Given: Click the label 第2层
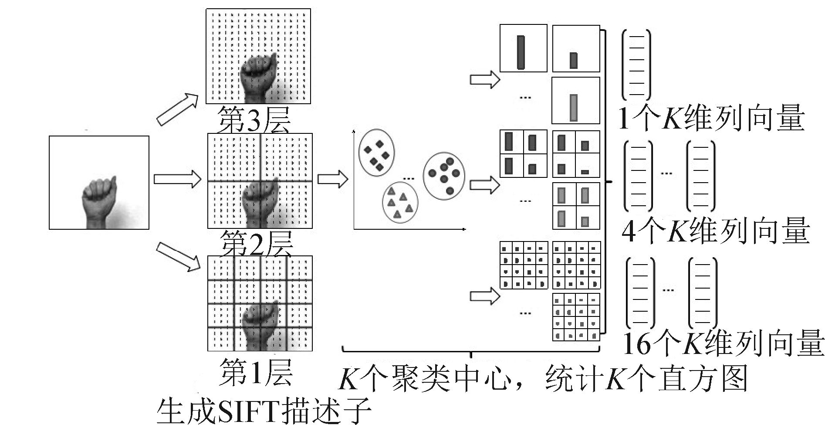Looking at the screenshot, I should [x=257, y=243].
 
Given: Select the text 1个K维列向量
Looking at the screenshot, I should [x=711, y=118].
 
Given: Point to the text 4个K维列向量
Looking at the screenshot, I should [x=715, y=231].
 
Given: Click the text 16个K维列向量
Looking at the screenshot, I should [x=723, y=344].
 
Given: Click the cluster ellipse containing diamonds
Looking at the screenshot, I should [x=376, y=153].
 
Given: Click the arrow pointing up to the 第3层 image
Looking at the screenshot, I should [x=177, y=109].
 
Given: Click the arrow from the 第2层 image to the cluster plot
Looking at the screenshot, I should [x=333, y=179].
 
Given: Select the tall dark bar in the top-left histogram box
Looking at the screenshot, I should [x=521, y=52].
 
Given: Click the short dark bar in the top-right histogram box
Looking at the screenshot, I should [x=573, y=60].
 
